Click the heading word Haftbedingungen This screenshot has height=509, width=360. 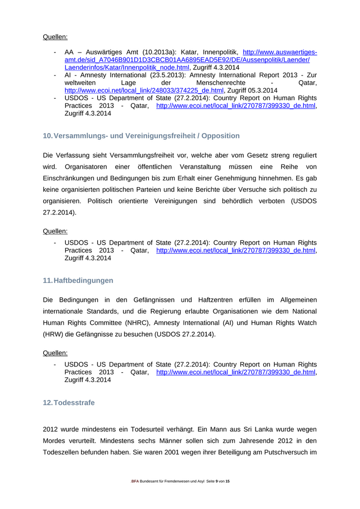coord(83,281)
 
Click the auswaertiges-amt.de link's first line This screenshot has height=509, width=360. coord(280,52)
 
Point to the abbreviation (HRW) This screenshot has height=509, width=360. coord(53,334)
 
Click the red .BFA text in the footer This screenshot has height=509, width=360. coord(135,481)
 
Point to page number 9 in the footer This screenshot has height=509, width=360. coord(217,481)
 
